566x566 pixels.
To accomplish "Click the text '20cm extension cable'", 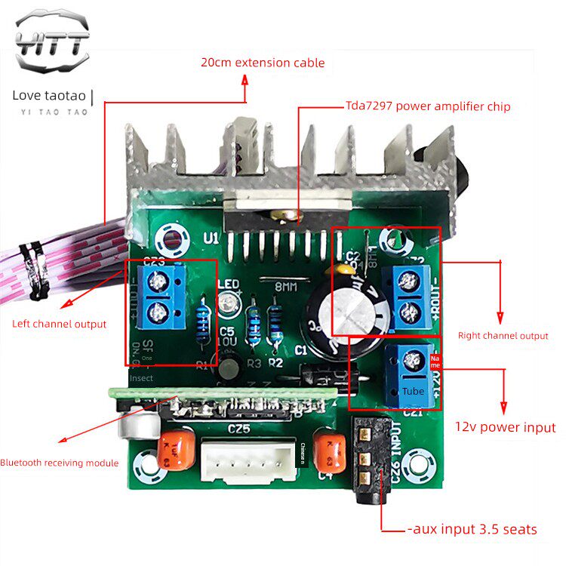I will pyautogui.click(x=263, y=63).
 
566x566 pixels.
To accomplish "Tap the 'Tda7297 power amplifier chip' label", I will pyautogui.click(x=428, y=106).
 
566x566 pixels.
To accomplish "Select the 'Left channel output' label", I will pyautogui.click(x=59, y=324).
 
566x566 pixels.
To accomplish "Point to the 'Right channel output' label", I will pyautogui.click(x=503, y=335).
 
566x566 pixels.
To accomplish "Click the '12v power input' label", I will pyautogui.click(x=505, y=427).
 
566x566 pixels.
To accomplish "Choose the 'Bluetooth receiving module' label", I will pyautogui.click(x=59, y=463).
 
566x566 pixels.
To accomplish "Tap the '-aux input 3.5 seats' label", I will pyautogui.click(x=472, y=529).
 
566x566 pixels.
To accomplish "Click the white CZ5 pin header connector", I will pyautogui.click(x=248, y=461).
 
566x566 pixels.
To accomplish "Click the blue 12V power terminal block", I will pyautogui.click(x=411, y=374).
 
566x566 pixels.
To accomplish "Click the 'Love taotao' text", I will pyautogui.click(x=50, y=95).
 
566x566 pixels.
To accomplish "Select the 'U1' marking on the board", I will pyautogui.click(x=211, y=238).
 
